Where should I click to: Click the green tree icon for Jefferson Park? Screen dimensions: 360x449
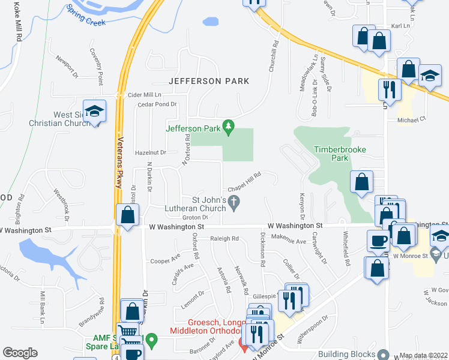coord(228,127)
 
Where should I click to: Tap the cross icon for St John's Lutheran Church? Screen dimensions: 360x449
coord(236,205)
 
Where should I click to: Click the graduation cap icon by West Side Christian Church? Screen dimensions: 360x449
coord(94,111)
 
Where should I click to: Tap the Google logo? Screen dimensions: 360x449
coord(20,353)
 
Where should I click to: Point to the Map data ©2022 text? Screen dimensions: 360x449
coord(424,355)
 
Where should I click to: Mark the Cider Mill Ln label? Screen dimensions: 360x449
coord(145,95)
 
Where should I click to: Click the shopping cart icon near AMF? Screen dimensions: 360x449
coord(127,331)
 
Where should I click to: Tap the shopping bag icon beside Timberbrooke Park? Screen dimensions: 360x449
coord(362,182)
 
